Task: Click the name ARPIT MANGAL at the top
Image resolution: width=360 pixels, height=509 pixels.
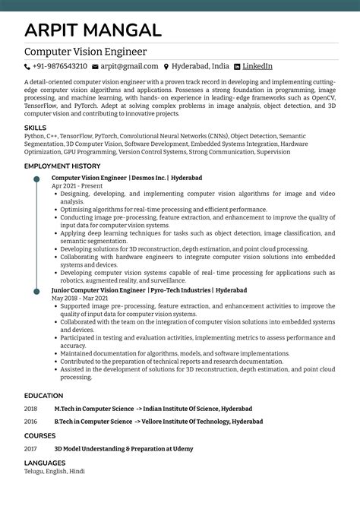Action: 93,30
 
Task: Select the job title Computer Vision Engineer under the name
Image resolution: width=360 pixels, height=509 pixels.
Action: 85,52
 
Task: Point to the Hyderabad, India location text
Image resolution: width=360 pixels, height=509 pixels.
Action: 201,67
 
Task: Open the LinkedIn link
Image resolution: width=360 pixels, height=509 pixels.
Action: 257,67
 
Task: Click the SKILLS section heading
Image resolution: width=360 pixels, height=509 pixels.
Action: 35,128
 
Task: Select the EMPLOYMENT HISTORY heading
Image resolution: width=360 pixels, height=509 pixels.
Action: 62,166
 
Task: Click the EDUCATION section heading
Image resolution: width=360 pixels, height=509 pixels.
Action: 43,396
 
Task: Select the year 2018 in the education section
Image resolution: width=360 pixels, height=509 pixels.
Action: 30,409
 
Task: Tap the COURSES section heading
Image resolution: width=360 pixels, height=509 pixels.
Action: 39,436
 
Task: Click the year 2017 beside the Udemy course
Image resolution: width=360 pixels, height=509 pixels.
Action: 30,449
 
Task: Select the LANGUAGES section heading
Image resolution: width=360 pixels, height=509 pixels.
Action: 44,463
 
